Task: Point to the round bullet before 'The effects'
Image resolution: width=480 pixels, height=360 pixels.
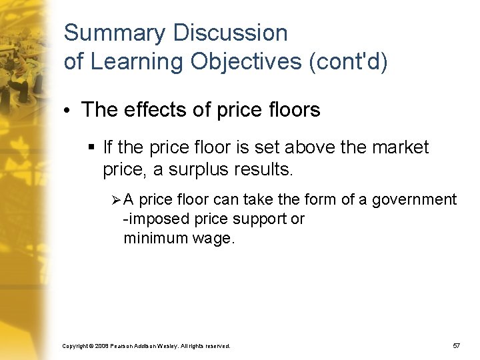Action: pyautogui.click(x=69, y=111)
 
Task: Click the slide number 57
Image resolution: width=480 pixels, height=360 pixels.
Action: pyautogui.click(x=456, y=346)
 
